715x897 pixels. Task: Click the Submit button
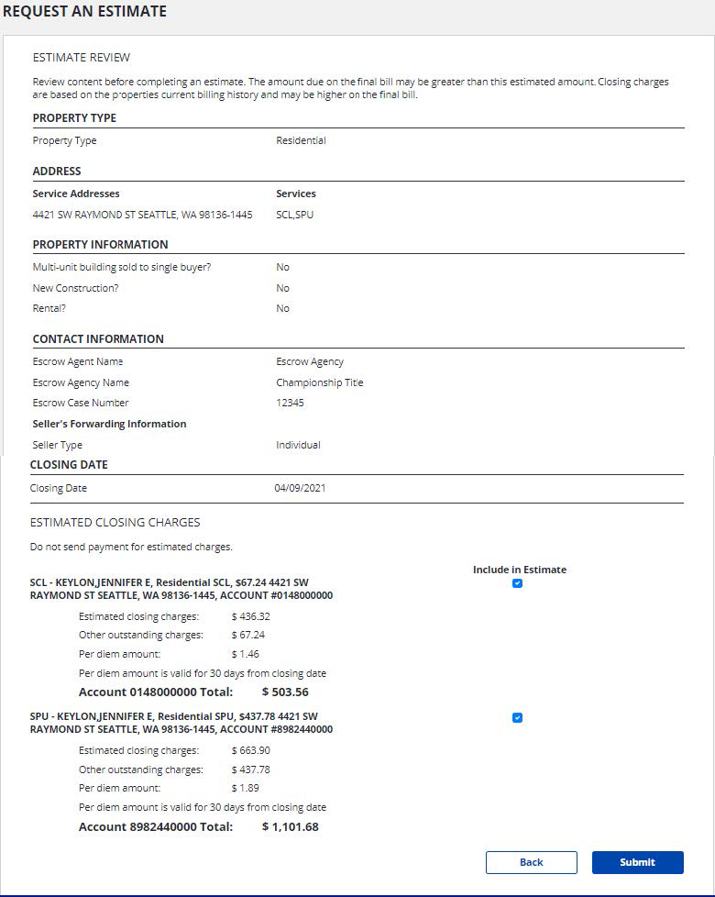[x=637, y=862]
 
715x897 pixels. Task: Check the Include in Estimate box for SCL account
[x=517, y=583]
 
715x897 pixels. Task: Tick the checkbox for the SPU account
[x=517, y=717]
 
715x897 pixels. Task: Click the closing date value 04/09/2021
[x=300, y=488]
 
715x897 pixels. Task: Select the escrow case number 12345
[x=290, y=403]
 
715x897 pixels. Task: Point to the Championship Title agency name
[x=320, y=382]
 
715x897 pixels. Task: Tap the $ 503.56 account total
[x=285, y=692]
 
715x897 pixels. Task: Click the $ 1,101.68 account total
[x=290, y=826]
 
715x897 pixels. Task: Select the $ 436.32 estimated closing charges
[x=250, y=616]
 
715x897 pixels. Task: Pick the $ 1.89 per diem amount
[x=246, y=788]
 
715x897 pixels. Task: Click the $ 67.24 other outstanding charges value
[x=248, y=635]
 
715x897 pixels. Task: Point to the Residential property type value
[x=301, y=141]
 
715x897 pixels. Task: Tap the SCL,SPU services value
[x=294, y=215]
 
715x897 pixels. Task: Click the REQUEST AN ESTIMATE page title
[x=84, y=12]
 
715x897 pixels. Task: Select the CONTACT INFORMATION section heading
[x=98, y=338]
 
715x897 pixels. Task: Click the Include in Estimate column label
[x=520, y=570]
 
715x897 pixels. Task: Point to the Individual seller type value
[x=298, y=445]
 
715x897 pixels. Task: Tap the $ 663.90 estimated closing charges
[x=250, y=750]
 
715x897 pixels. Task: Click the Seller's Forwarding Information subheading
[x=109, y=424]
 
